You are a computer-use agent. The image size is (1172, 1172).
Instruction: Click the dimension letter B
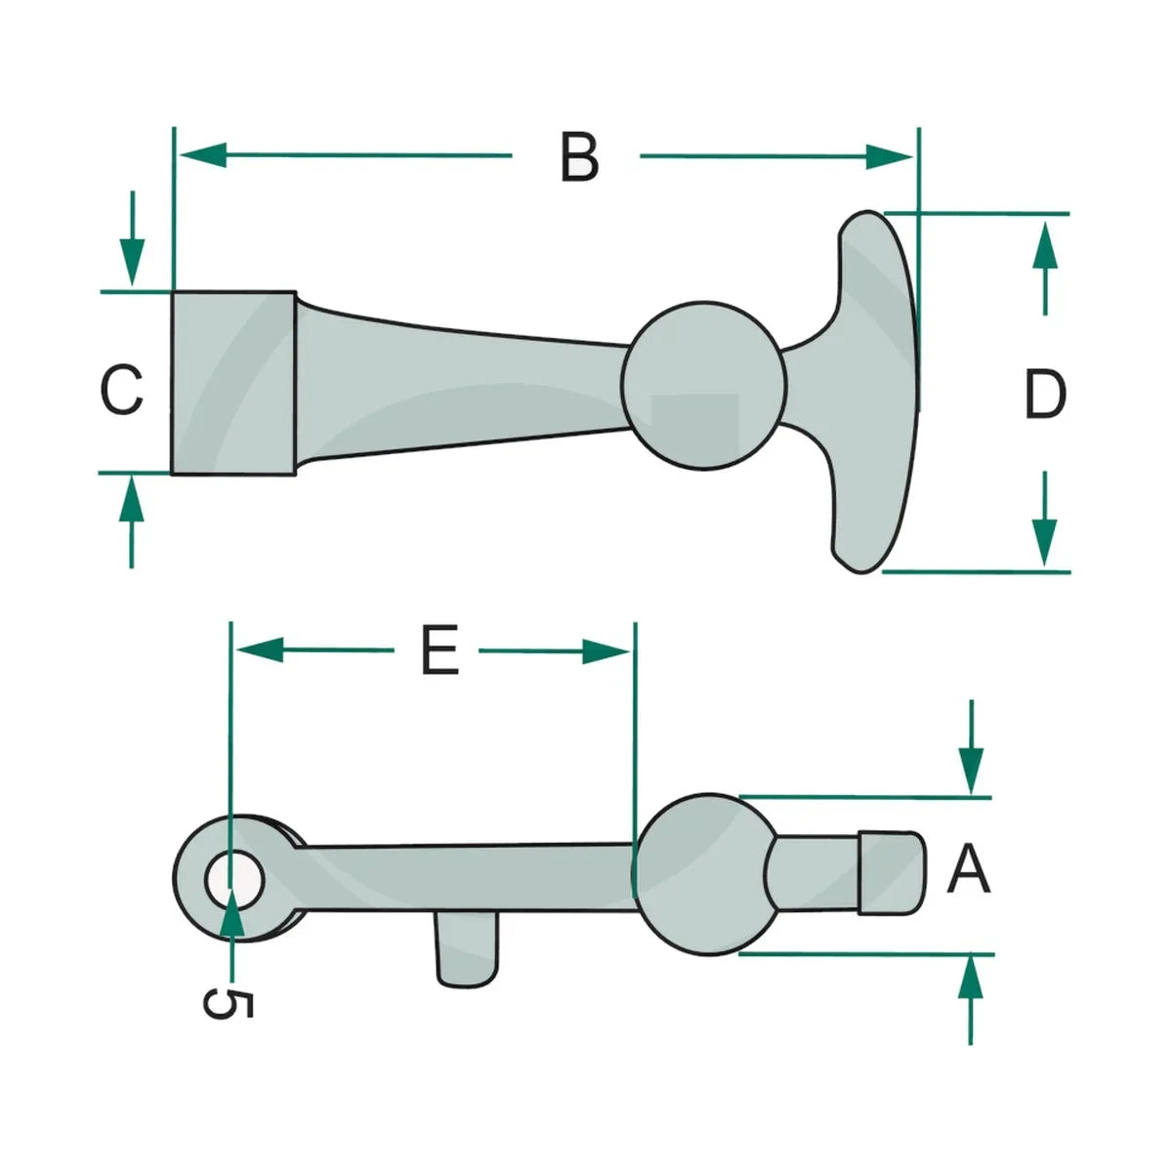pyautogui.click(x=579, y=157)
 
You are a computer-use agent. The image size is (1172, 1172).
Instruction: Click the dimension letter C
pyautogui.click(x=122, y=390)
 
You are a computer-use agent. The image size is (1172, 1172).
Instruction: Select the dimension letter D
pyautogui.click(x=1045, y=395)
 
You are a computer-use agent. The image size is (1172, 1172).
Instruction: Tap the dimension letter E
pyautogui.click(x=439, y=650)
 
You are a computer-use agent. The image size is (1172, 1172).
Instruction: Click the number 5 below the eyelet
pyautogui.click(x=228, y=1003)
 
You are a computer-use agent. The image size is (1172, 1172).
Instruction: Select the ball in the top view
pyautogui.click(x=703, y=385)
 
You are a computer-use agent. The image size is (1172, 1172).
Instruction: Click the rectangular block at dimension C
pyautogui.click(x=233, y=383)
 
